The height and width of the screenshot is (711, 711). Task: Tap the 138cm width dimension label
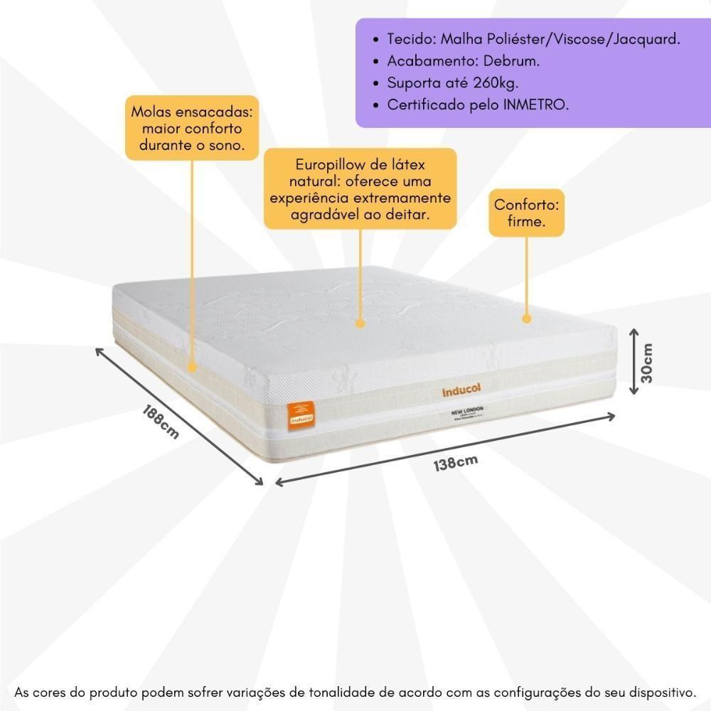pos(455,463)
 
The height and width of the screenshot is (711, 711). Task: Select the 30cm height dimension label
pos(648,363)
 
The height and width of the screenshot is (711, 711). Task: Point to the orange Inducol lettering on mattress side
pos(462,390)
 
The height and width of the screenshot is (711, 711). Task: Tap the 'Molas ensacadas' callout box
pos(192,129)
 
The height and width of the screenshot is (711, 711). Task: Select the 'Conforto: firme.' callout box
pos(527,213)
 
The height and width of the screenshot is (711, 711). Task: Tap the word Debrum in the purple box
pos(513,61)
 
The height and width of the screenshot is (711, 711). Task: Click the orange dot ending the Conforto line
pos(527,319)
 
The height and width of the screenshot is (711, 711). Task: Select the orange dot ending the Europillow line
pos(360,324)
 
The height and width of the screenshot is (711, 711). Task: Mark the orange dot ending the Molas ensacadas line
pos(192,368)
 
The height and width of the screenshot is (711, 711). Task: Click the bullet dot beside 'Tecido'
pos(376,40)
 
